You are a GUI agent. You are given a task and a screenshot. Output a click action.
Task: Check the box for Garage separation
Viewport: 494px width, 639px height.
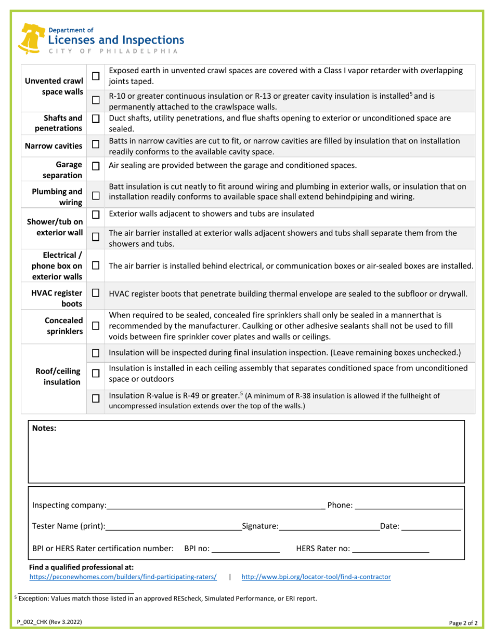point(96,166)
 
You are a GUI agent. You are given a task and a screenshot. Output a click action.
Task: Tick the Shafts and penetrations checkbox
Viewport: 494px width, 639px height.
point(96,119)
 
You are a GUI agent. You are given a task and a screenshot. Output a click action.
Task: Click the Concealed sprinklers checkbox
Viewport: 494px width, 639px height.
point(96,326)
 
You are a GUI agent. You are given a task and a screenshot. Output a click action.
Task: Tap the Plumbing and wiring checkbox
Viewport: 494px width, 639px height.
point(96,196)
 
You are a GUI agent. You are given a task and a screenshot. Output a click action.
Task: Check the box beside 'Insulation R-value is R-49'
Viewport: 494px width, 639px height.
point(96,399)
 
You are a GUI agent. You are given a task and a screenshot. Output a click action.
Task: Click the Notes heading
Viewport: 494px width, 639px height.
point(44,428)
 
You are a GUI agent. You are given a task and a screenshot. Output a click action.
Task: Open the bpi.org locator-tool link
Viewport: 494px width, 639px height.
point(316,577)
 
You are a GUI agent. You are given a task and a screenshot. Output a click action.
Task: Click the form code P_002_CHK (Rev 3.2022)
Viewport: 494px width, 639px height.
point(49,622)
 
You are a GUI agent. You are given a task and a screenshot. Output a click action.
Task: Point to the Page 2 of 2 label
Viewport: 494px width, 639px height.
point(464,622)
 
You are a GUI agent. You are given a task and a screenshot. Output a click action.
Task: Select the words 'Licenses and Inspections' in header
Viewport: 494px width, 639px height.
point(115,40)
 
